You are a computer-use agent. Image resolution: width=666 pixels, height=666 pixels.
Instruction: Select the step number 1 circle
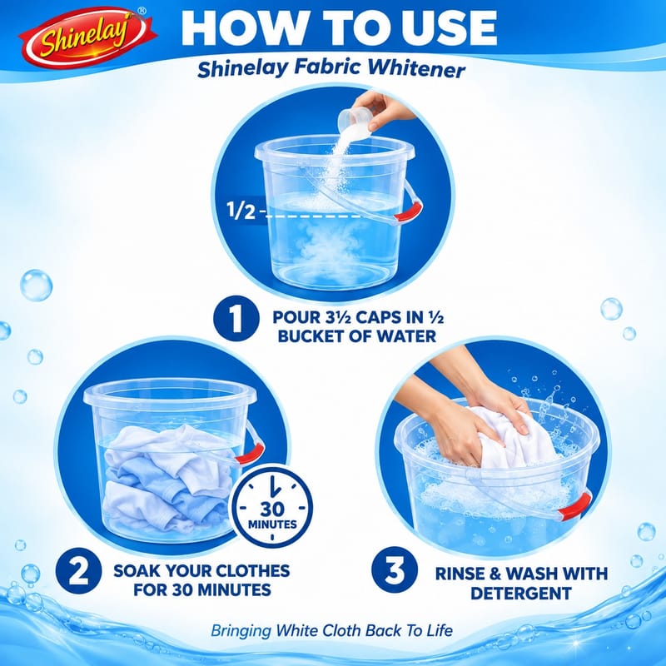pos(236,319)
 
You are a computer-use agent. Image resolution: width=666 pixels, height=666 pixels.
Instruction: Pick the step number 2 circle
pos(78,571)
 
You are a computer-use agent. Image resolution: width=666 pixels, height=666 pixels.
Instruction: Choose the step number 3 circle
pos(395,569)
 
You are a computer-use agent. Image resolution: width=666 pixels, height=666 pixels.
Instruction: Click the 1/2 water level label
pos(241,211)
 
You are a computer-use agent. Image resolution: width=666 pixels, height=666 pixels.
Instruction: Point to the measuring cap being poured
pos(355,120)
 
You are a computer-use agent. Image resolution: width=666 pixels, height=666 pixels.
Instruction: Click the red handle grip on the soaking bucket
pos(251,453)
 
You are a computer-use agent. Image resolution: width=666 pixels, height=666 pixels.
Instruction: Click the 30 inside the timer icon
pos(272,509)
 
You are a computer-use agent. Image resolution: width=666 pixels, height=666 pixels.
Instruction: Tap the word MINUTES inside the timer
pos(272,524)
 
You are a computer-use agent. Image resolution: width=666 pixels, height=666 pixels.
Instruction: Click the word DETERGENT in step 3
pos(521,594)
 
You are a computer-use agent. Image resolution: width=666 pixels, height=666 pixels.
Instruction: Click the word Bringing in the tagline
pos(241,630)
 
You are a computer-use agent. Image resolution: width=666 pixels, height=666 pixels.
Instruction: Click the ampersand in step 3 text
pos(495,574)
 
